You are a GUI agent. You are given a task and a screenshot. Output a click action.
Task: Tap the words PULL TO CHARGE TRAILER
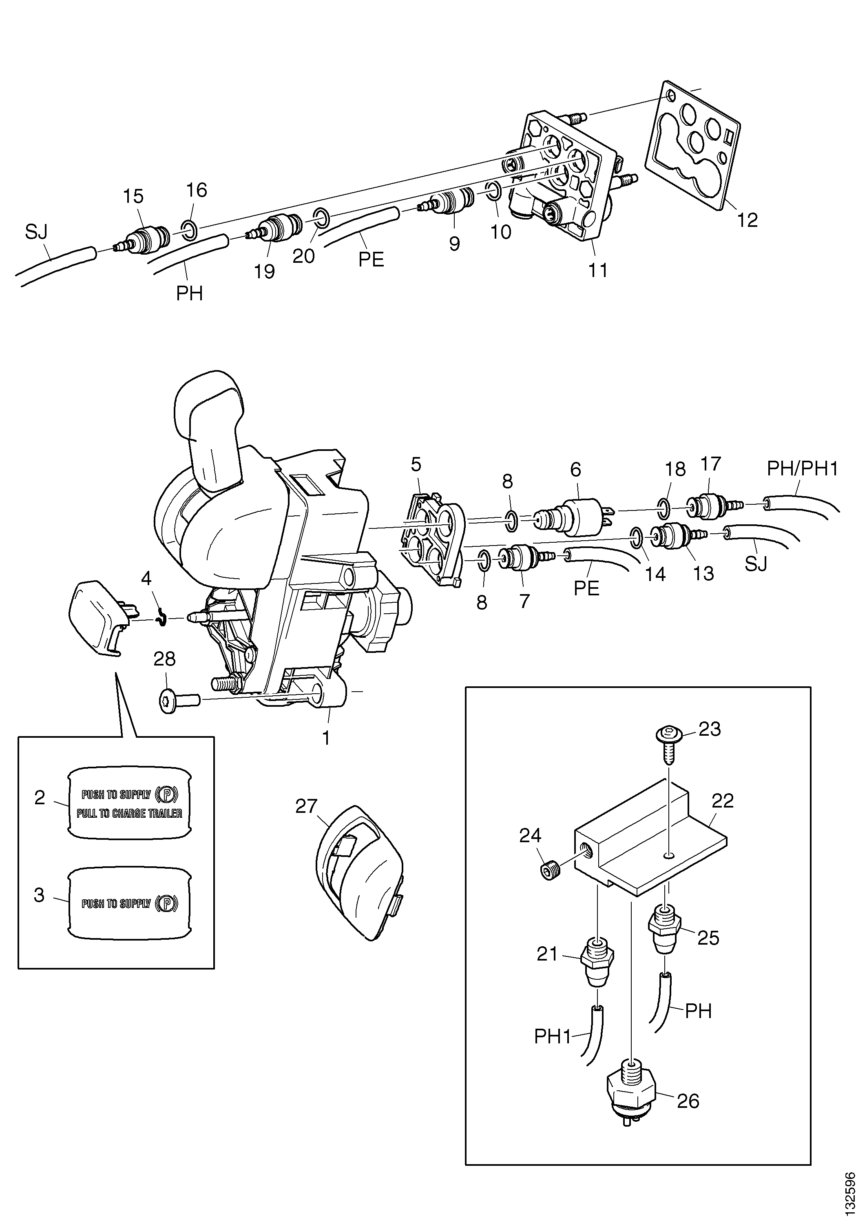pos(129,813)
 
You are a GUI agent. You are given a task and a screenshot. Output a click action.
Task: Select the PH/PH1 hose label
pos(802,469)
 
